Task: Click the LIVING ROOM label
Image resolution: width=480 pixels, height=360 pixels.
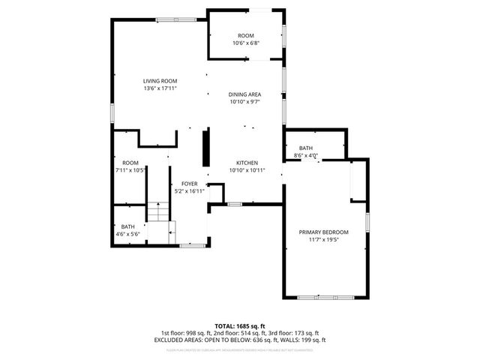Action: tap(160, 81)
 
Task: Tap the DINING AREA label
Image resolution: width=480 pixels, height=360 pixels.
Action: tap(244, 94)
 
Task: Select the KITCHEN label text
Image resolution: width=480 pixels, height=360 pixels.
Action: tap(247, 163)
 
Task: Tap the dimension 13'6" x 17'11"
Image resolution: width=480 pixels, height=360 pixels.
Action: tap(160, 88)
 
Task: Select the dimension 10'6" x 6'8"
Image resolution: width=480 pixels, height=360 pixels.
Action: tap(245, 43)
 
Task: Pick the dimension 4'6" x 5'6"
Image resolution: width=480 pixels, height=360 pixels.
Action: tap(128, 234)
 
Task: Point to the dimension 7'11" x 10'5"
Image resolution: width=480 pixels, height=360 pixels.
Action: tap(130, 170)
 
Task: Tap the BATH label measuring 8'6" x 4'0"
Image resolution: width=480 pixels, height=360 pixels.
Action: tap(306, 148)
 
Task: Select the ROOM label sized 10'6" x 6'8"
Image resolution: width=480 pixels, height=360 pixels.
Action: tap(245, 36)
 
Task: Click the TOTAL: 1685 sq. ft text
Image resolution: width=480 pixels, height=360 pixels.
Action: tap(240, 326)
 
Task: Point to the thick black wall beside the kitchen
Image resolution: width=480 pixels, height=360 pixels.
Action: tap(205, 148)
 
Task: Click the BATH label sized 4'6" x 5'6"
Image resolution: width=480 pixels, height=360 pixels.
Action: tap(128, 226)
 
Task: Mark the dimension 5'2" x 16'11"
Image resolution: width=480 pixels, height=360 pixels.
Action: tap(189, 191)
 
